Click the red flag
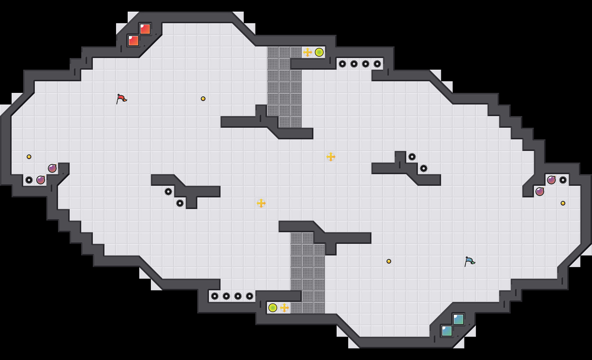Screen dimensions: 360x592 (121, 99)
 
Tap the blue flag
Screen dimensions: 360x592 (470, 261)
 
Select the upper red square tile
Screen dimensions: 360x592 (145, 29)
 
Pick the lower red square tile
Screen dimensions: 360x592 (133, 41)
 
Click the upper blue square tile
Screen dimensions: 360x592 (459, 319)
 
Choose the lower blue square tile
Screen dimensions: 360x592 (447, 331)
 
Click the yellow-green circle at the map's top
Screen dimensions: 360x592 (319, 52)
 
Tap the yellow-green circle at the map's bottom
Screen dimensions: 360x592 (273, 308)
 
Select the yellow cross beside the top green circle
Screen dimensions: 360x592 (308, 52)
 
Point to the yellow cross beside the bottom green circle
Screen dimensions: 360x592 (284, 308)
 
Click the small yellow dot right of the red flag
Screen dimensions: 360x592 (203, 99)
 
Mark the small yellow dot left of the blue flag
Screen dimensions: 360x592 (389, 261)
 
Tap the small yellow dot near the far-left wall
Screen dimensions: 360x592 (29, 157)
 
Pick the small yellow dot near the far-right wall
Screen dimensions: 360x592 (563, 203)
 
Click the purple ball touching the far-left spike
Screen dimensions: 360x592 (41, 180)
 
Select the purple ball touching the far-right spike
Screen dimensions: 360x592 (551, 180)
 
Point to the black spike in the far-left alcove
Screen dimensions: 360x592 (29, 180)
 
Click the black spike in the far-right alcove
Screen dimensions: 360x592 (563, 180)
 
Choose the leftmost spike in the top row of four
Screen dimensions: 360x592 (342, 64)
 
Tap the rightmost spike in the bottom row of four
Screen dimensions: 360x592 (250, 296)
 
